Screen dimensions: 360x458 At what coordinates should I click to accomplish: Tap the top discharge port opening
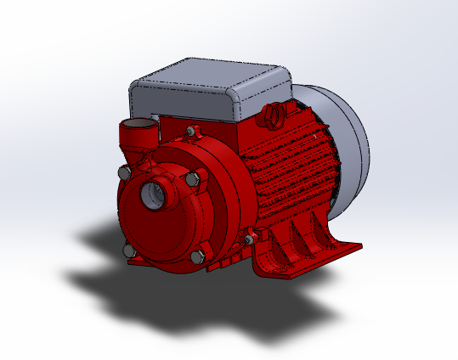(x=136, y=132)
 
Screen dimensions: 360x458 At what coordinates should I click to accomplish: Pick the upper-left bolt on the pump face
(x=124, y=174)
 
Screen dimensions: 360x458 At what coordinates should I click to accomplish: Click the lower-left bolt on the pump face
(x=128, y=252)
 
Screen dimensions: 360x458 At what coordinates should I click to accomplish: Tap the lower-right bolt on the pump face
(x=197, y=256)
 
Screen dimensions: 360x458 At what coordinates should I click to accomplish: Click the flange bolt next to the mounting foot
(x=250, y=239)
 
